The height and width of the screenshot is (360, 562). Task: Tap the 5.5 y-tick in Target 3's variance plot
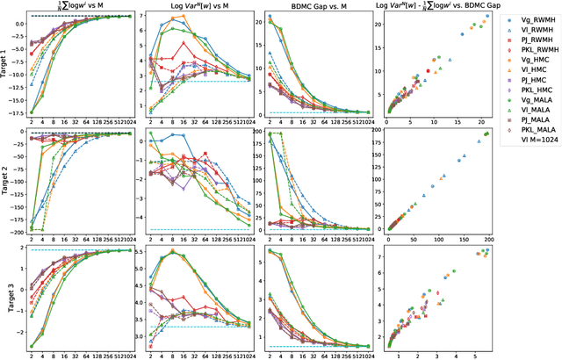click(x=136, y=251)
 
